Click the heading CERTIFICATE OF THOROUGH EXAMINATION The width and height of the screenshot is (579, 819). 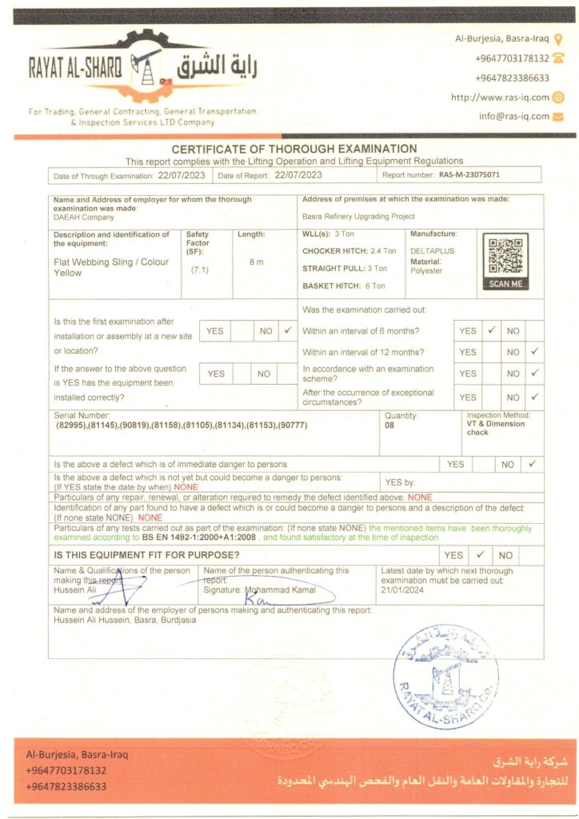pyautogui.click(x=294, y=149)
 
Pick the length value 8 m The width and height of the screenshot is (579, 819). pyautogui.click(x=256, y=262)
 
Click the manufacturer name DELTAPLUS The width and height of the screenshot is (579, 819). pyautogui.click(x=433, y=250)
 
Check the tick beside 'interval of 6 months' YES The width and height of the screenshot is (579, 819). pyautogui.click(x=492, y=330)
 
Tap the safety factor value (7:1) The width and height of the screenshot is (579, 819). pyautogui.click(x=199, y=270)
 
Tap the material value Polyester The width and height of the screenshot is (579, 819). pyautogui.click(x=426, y=270)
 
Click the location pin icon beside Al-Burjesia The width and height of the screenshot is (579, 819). pyautogui.click(x=558, y=38)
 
